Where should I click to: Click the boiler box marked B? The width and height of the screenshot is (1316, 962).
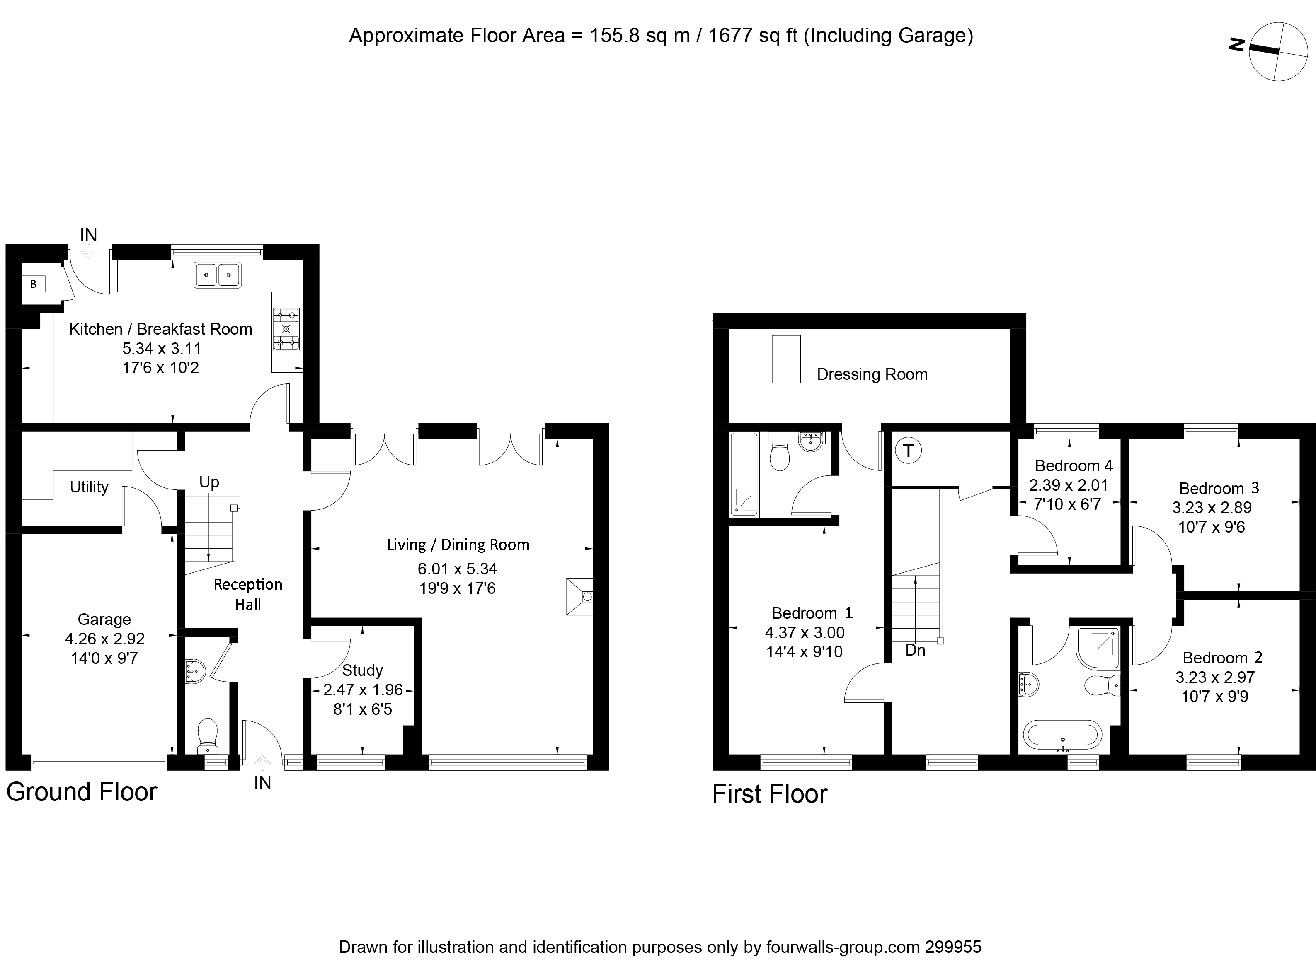pos(33,284)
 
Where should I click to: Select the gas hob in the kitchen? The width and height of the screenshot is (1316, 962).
pos(286,329)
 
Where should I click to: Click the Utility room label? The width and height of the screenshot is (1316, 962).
pos(89,487)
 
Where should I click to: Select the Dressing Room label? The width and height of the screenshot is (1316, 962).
pos(872,374)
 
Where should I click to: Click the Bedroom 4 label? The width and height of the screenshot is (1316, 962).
pos(1074,466)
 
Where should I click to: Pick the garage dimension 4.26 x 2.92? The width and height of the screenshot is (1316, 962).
pos(105,639)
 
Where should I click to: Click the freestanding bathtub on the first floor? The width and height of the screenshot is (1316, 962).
pos(1062,735)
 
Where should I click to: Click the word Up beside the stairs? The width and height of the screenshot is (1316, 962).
pos(209,482)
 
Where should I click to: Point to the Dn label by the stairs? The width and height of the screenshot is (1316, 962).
pos(915,651)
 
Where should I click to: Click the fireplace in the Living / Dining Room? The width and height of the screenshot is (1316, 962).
pos(580,596)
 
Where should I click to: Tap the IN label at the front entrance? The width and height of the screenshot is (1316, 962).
pos(262,783)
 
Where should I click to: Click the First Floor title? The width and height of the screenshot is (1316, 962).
pos(769,794)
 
